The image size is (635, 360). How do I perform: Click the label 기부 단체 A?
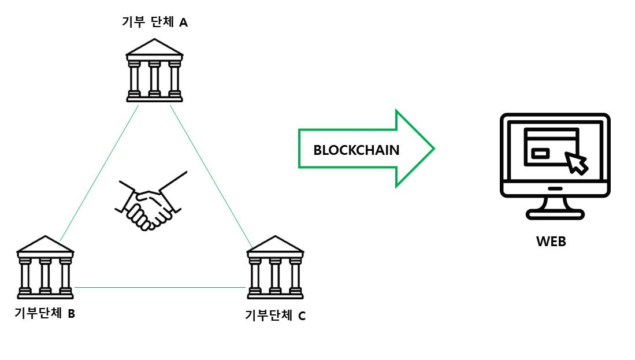(155, 23)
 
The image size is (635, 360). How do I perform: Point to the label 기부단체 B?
(45, 314)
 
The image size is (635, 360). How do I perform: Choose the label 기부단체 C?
(275, 316)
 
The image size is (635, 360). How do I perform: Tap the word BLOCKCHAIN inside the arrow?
(356, 150)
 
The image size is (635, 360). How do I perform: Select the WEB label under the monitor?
(551, 241)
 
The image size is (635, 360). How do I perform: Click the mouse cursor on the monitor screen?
(576, 163)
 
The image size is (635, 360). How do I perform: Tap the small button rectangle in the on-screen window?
(540, 153)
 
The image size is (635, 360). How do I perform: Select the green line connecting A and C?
(211, 173)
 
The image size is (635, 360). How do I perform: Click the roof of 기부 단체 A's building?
(154, 49)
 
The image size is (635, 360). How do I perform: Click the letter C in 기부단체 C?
(302, 316)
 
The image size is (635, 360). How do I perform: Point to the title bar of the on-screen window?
(551, 133)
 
